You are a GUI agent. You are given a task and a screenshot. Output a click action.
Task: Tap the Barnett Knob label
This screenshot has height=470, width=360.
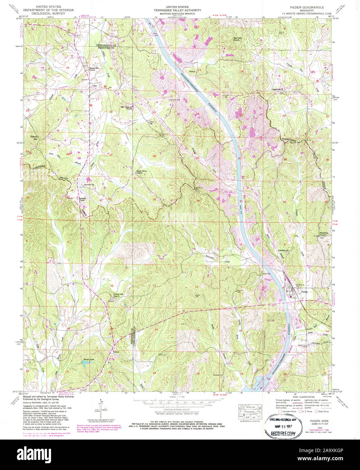[238, 39]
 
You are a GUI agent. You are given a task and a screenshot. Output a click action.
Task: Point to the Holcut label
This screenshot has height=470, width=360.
[193, 71]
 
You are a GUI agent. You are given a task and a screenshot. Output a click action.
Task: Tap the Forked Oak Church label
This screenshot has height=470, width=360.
[118, 295]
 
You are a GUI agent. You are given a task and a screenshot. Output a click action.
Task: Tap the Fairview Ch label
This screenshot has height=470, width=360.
[89, 185]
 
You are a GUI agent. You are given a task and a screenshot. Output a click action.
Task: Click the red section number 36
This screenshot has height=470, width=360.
[198, 201]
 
